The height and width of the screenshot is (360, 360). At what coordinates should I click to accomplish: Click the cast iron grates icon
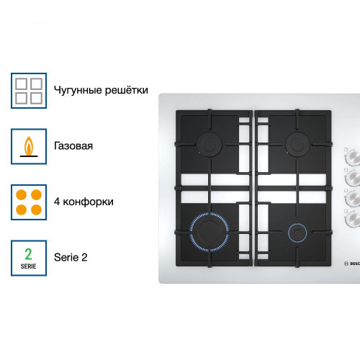tap(29, 91)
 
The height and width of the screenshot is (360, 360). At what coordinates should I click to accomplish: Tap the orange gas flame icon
tap(29, 146)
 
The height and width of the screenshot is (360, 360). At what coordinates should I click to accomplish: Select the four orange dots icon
tap(29, 202)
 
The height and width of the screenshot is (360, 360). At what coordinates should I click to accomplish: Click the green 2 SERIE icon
tap(29, 258)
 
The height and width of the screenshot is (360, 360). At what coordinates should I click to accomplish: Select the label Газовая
tap(73, 146)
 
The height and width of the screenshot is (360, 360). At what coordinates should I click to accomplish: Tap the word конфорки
tap(88, 202)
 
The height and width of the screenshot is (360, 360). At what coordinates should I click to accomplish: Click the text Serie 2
tap(71, 257)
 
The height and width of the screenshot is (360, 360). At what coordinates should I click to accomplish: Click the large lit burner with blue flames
tap(210, 232)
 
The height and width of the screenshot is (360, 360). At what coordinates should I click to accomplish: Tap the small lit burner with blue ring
tap(297, 233)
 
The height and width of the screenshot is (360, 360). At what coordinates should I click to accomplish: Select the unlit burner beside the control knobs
tap(297, 145)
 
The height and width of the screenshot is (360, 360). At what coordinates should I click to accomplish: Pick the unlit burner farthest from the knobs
tap(210, 145)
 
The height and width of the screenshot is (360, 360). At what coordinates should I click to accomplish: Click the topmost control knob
tap(354, 157)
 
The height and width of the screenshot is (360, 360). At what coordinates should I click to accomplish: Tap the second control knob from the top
tap(354, 178)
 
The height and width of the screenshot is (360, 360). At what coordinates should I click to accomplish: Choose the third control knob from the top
tap(354, 198)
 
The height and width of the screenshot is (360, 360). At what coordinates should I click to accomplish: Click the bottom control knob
tap(354, 219)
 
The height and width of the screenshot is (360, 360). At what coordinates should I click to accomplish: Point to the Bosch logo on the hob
tap(352, 264)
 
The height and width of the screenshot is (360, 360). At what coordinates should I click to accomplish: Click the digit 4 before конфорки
tap(57, 202)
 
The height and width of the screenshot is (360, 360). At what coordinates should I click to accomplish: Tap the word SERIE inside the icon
tap(28, 266)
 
